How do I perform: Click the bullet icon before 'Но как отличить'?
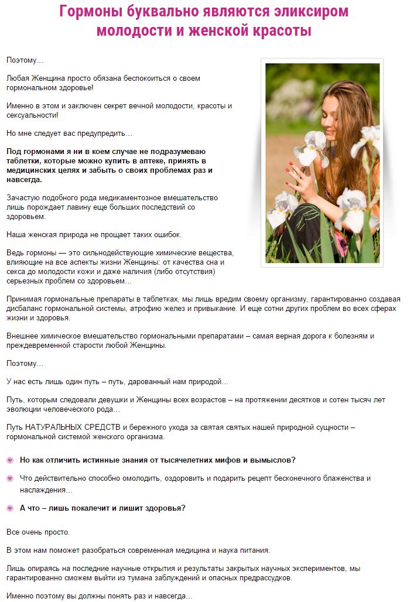10,460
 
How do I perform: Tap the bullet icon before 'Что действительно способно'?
10,478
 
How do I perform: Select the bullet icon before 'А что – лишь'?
10,508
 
